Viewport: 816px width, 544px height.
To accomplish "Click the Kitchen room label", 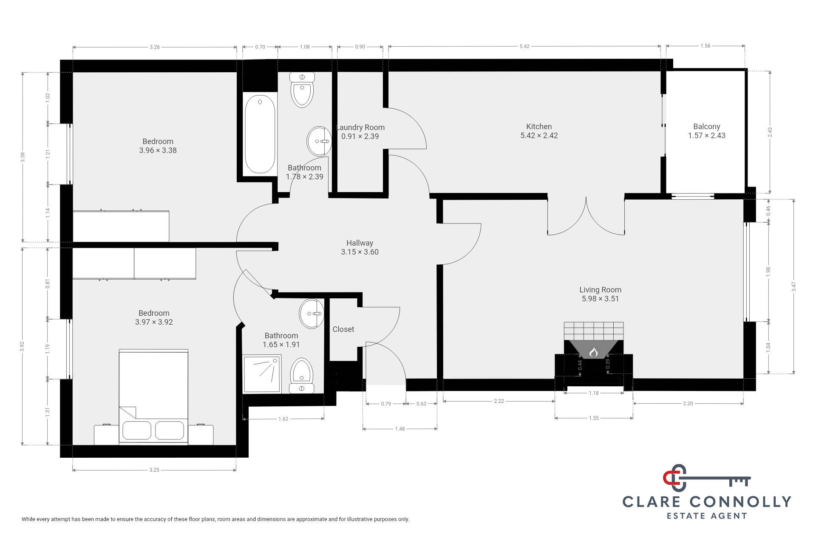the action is (539, 127).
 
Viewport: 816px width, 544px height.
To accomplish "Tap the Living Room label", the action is (600, 290).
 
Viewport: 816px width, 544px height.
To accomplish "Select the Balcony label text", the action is (706, 127).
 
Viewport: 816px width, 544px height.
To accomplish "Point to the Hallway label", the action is (360, 243).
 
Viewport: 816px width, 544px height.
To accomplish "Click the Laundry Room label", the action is (360, 127).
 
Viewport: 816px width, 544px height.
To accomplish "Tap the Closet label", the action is (343, 329).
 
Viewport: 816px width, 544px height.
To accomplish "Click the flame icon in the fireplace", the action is (593, 352).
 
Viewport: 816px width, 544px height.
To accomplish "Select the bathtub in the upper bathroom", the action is (260, 134).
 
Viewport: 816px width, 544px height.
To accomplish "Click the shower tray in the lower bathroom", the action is (262, 374).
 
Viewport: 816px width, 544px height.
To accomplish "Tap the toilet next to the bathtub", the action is (302, 89).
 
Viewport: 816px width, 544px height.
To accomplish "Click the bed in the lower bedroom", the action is (153, 397).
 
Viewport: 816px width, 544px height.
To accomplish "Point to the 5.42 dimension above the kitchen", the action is (524, 46).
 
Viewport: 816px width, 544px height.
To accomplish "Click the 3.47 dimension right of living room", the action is (793, 287).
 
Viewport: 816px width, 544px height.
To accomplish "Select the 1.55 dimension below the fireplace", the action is (594, 418).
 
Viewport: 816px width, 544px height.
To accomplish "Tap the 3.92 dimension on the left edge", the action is (23, 347).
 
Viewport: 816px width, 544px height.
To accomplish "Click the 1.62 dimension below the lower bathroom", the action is (283, 419).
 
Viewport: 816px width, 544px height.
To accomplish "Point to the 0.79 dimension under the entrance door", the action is (385, 404).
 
